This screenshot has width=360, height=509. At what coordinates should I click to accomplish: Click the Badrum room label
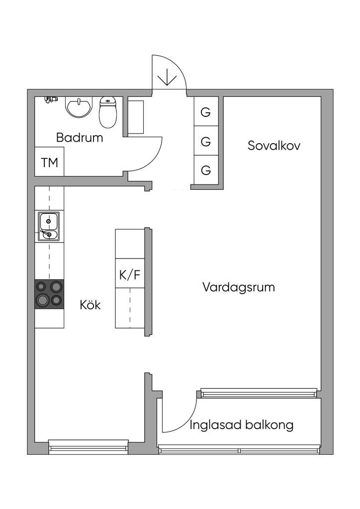[80, 138]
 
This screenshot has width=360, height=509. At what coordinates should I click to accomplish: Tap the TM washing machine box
[49, 162]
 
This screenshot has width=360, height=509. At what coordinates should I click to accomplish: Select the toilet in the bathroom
[107, 113]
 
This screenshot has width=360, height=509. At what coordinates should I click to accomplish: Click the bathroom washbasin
[79, 106]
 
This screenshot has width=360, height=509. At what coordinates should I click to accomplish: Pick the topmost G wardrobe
[206, 112]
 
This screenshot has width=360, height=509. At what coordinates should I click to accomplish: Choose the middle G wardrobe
[206, 141]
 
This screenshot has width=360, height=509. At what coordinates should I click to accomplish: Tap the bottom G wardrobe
[206, 170]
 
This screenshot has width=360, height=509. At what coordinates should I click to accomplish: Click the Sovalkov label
[274, 146]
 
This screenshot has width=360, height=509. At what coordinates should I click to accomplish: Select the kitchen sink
[49, 226]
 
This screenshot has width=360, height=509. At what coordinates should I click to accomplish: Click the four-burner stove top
[49, 294]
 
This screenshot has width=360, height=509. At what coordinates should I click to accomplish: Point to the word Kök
[90, 305]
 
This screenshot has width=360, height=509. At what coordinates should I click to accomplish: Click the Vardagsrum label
[239, 287]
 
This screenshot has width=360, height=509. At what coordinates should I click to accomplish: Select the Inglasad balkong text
[242, 425]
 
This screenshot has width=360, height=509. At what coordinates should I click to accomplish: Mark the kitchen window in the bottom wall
[89, 446]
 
